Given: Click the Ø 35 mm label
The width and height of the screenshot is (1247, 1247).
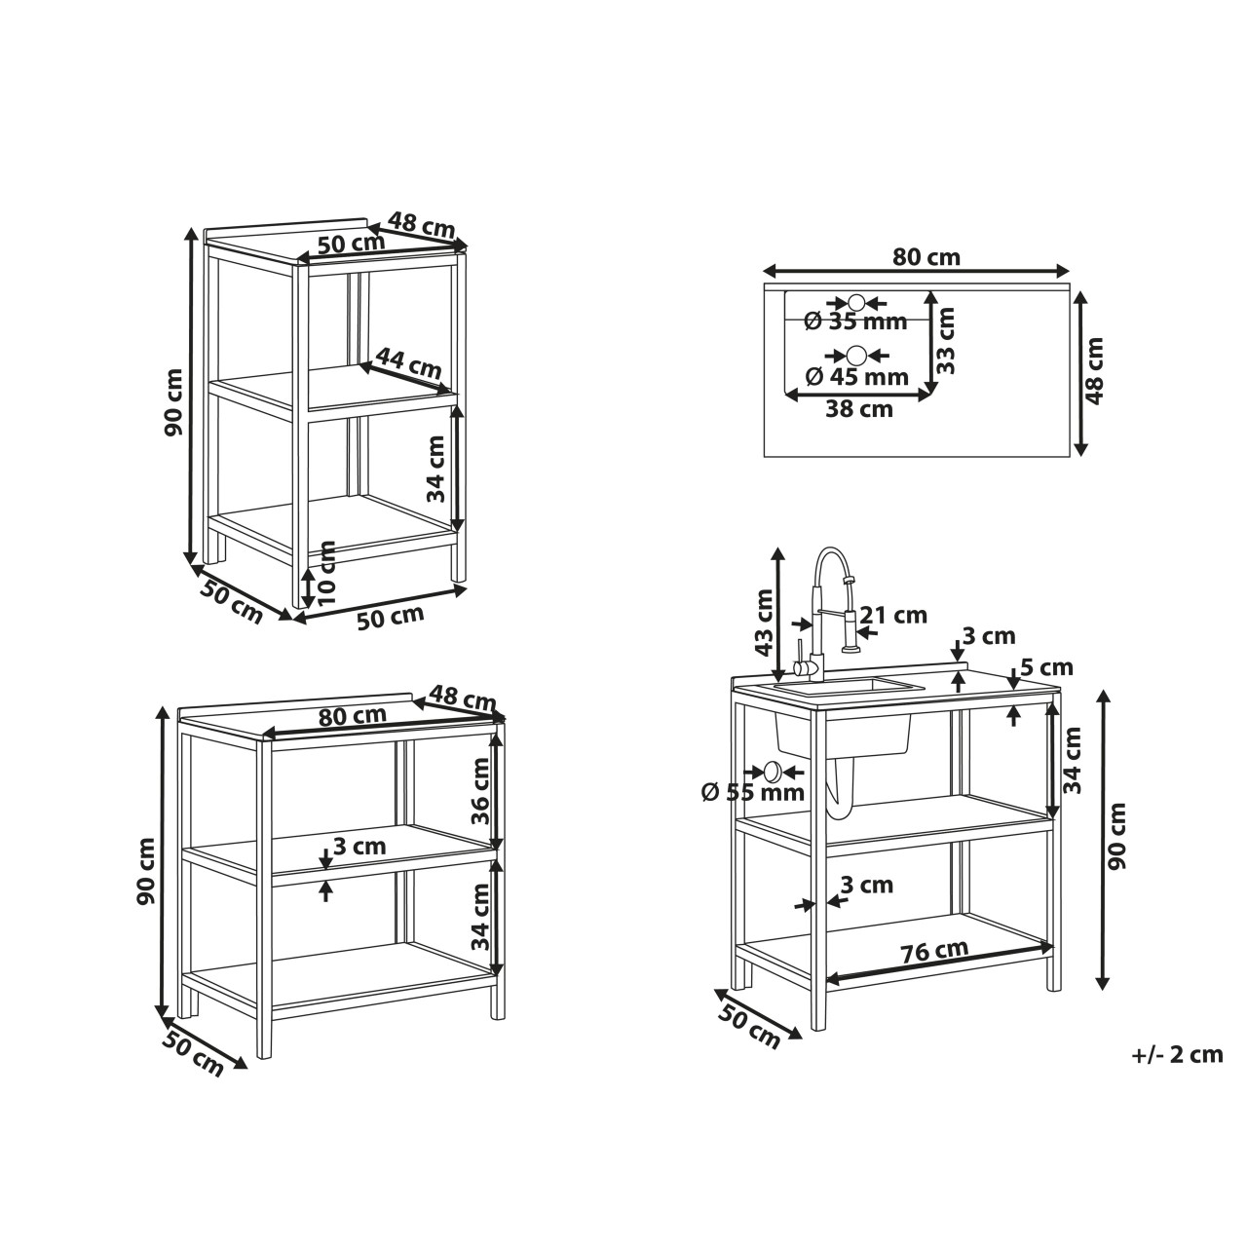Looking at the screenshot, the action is (855, 321).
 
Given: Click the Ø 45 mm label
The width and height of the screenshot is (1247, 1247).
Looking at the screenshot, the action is (856, 376).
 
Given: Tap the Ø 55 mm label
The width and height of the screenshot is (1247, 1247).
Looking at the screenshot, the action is (753, 791).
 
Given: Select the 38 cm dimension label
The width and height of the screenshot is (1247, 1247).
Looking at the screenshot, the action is (859, 409).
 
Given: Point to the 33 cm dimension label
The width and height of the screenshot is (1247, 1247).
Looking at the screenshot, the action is (945, 340).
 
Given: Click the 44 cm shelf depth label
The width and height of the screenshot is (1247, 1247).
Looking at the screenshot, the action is (409, 363).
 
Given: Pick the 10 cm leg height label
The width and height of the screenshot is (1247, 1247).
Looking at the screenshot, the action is (327, 572).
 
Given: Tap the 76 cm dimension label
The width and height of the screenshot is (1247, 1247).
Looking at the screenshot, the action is (934, 949).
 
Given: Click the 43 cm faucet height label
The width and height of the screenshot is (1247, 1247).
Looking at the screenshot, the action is (764, 623).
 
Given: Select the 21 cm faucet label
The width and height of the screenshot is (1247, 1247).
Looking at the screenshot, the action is (894, 615).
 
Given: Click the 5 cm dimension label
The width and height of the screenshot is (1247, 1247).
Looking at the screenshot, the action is (1046, 666).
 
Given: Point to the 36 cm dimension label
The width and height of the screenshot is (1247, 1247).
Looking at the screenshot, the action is (479, 801).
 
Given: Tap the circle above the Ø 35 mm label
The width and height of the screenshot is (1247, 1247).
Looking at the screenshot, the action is (856, 302).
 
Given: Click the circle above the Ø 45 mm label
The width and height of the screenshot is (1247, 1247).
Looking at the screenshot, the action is (856, 355).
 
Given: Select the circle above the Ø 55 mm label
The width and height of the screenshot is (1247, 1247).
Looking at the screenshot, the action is (774, 771).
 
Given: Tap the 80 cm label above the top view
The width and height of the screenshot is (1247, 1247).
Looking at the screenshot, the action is (926, 257).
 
